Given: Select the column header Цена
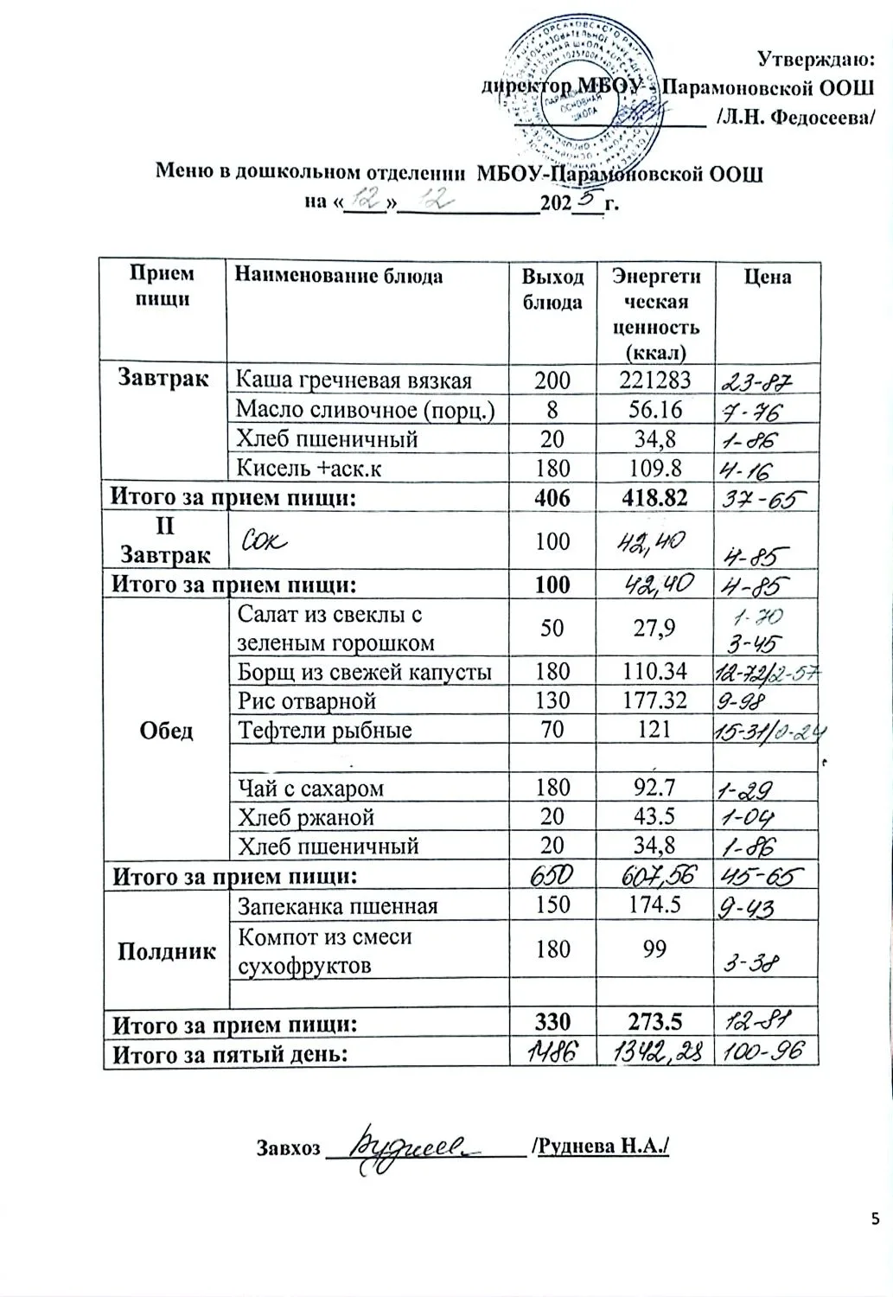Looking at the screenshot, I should [x=767, y=277].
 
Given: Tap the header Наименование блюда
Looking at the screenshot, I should [x=340, y=277].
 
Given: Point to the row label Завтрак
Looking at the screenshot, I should [x=163, y=379].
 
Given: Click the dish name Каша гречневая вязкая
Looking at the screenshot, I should [x=354, y=380].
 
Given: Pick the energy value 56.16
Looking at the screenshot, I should [x=655, y=409].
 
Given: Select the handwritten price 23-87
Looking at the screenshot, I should [x=755, y=380].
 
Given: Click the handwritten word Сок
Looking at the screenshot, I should [x=265, y=540].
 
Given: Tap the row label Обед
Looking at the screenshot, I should [x=166, y=731].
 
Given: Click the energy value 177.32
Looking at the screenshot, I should [x=655, y=700].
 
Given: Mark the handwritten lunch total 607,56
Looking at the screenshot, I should [x=655, y=877].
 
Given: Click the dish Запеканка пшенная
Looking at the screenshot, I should [x=338, y=906].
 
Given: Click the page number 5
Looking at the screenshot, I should [x=876, y=1219].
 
